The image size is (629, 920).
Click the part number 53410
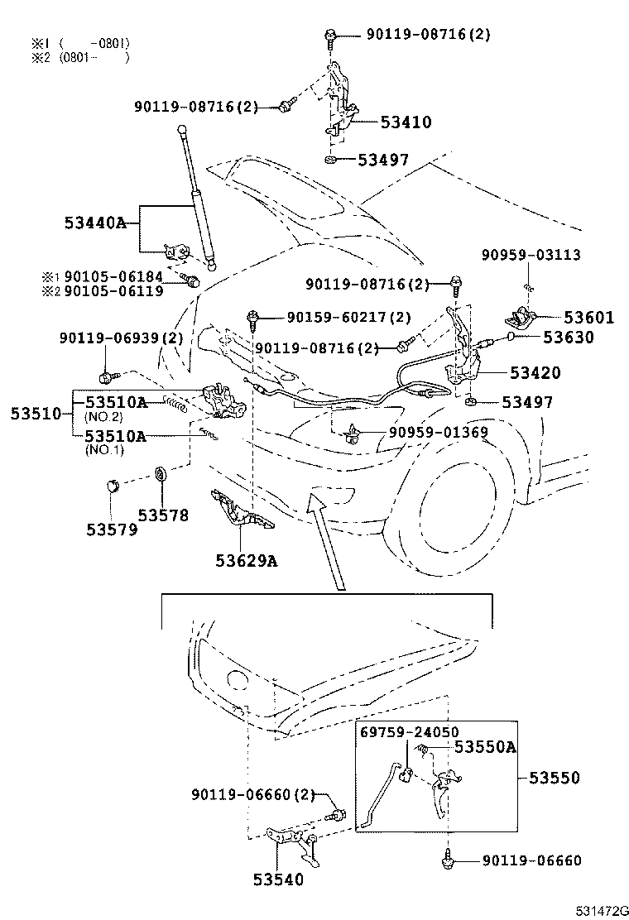406,122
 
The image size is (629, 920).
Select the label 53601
589,317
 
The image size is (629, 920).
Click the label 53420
535,373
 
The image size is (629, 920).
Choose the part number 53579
112,529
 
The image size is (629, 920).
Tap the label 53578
163,515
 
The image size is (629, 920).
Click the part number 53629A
246,561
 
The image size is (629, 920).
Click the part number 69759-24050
408,733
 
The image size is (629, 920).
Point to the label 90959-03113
531,255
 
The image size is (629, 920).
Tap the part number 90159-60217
339,317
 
